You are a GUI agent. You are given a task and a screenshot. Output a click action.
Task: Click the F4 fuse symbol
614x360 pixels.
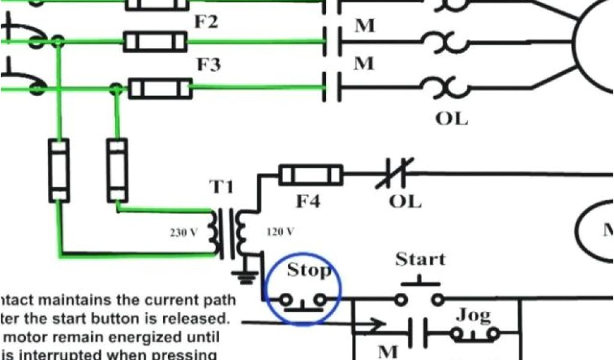point(311,175)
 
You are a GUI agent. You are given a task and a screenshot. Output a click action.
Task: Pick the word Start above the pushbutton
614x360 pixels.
point(420,259)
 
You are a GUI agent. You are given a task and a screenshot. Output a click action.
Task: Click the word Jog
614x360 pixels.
point(474,314)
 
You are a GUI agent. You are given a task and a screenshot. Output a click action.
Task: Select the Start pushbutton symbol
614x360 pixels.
point(420,294)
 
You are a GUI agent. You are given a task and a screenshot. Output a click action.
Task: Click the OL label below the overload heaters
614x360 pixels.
point(451,118)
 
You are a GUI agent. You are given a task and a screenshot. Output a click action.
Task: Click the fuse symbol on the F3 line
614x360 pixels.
point(160,89)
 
